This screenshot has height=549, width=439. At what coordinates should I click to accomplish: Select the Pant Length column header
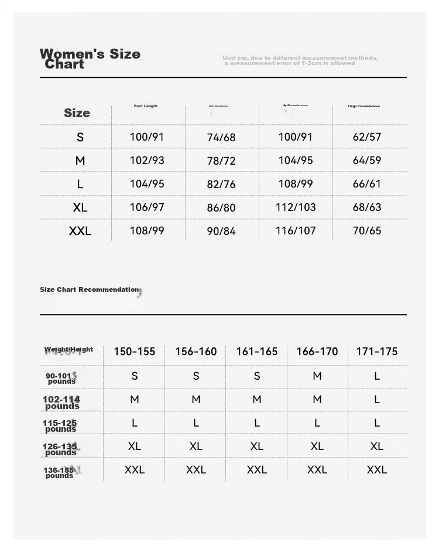146,106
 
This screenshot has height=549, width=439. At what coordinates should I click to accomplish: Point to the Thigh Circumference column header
363,107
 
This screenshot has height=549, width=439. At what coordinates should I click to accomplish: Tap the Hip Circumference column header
295,105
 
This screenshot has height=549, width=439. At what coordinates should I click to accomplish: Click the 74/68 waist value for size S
221,137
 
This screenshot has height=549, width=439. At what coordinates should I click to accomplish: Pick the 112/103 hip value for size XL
296,207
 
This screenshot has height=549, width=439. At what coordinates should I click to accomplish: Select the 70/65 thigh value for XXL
367,230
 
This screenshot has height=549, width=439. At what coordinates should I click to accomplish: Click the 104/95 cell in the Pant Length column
147,183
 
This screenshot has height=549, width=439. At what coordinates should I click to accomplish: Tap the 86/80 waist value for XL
221,207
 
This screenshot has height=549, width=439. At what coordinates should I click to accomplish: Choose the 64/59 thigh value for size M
367,160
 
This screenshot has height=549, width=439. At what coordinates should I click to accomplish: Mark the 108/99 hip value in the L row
296,183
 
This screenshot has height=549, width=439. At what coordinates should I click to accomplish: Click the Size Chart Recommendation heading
90,289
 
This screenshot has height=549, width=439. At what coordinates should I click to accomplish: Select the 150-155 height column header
135,352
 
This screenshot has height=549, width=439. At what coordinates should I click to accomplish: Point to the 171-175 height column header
377,352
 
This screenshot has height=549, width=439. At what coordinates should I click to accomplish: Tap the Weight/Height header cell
69,349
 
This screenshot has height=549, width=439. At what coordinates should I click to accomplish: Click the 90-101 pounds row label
61,378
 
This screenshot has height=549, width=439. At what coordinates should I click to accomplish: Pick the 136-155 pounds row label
60,472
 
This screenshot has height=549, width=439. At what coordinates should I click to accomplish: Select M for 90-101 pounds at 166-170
317,376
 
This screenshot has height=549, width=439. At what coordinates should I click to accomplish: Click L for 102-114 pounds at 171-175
377,400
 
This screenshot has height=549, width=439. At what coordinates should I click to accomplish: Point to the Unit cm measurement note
300,60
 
